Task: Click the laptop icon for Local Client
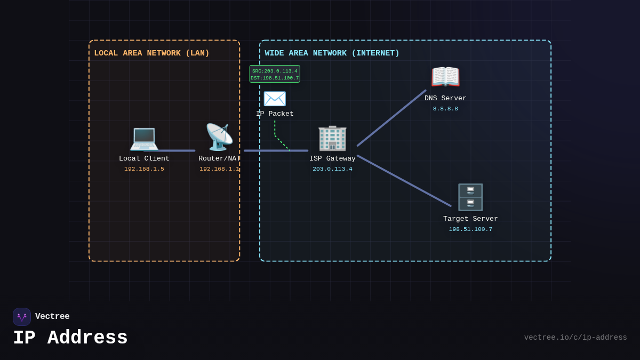pos(144,138)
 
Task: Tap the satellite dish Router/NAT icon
pos(219,137)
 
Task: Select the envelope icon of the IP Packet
pos(275,99)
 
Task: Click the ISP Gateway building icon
pos(332,138)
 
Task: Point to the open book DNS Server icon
pos(445,77)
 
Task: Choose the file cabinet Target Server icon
pos(470,197)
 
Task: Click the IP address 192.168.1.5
pos(144,169)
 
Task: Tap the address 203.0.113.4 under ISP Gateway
pos(332,169)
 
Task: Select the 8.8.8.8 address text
pos(445,109)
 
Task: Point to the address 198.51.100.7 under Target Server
pos(470,229)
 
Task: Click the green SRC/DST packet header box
pos(275,74)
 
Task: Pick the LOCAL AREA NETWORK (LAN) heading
pos(151,53)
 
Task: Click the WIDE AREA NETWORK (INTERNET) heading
pos(332,53)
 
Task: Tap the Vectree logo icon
pos(22,317)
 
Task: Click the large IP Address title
pos(70,338)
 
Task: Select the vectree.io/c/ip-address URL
pos(575,338)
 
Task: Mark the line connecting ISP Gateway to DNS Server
pos(391,118)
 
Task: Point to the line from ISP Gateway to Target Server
pos(404,181)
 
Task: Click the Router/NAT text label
pos(219,158)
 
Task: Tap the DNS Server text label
pos(445,99)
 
